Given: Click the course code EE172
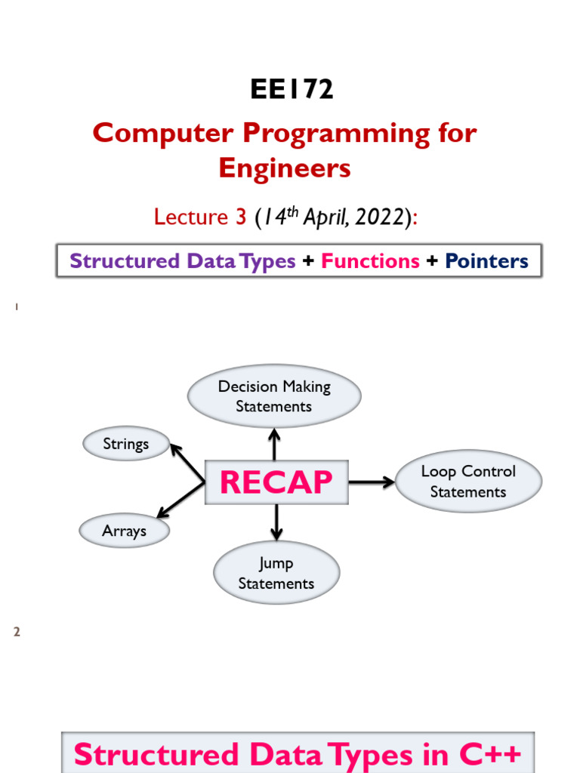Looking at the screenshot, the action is pyautogui.click(x=292, y=89).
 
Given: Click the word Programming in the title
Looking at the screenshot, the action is pyautogui.click(x=336, y=134).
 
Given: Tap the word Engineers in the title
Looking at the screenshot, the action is pyautogui.click(x=285, y=169).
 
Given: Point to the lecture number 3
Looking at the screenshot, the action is pyautogui.click(x=241, y=217).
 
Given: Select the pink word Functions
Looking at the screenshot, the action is pyautogui.click(x=370, y=260).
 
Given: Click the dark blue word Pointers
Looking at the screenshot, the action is pyautogui.click(x=486, y=260).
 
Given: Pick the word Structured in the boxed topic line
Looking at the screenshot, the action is pyautogui.click(x=125, y=260).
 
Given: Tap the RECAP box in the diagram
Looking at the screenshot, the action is pyautogui.click(x=276, y=482).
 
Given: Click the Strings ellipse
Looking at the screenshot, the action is pyautogui.click(x=126, y=444).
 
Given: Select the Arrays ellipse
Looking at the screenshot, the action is pyautogui.click(x=125, y=531).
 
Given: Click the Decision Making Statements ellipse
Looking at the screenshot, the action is pyautogui.click(x=274, y=396).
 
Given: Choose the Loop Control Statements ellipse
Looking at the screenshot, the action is pyautogui.click(x=468, y=481).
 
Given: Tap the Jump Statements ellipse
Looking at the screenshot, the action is pyautogui.click(x=276, y=573).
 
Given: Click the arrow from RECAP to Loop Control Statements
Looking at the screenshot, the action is pyautogui.click(x=372, y=482).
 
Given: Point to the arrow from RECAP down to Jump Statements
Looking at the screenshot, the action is pyautogui.click(x=276, y=522).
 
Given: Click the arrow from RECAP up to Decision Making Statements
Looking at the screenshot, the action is pyautogui.click(x=274, y=444).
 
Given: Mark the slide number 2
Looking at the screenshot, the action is pyautogui.click(x=17, y=632).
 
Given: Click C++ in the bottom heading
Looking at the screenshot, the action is pyautogui.click(x=489, y=754).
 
